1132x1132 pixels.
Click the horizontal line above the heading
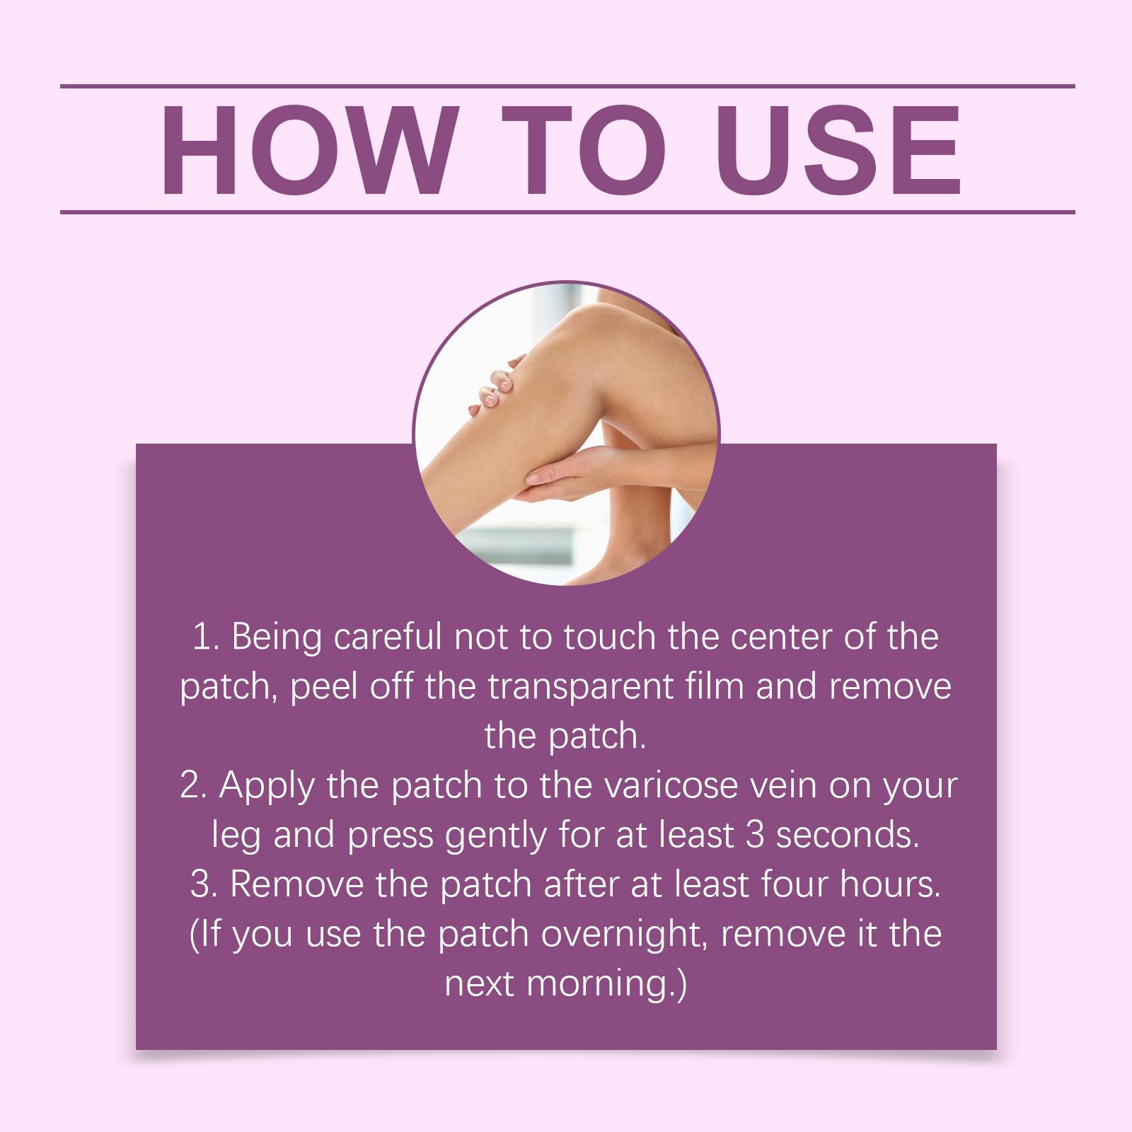click(x=567, y=86)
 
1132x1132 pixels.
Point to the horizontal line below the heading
click(x=567, y=212)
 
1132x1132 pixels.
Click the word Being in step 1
click(x=275, y=639)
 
